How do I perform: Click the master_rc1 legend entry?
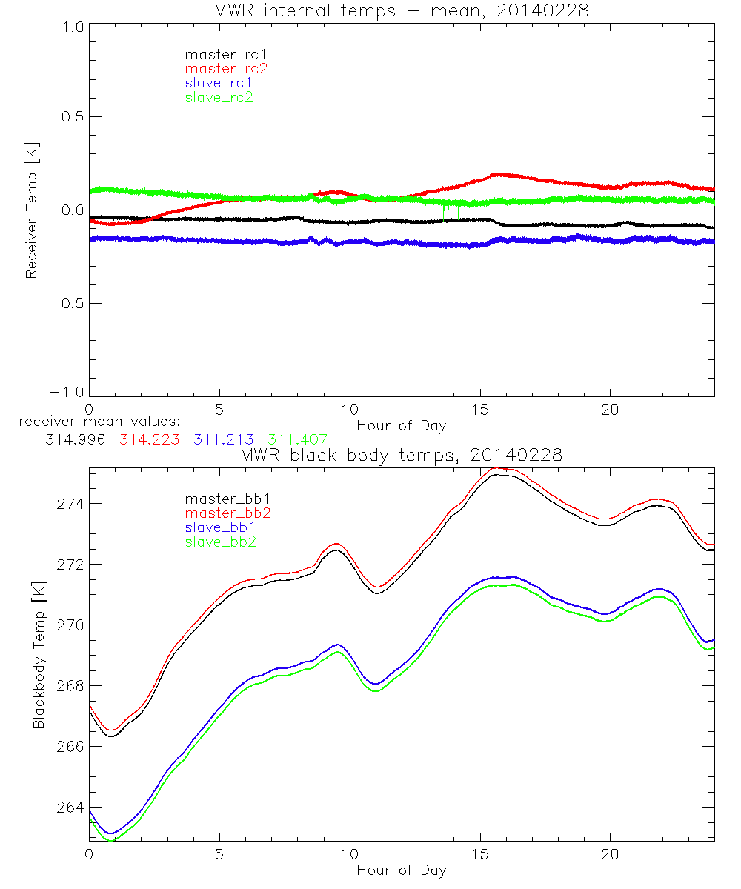pos(219,54)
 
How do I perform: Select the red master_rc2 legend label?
pos(226,68)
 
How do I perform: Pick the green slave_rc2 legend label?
pos(219,97)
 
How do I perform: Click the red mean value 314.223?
pos(147,439)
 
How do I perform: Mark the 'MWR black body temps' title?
pos(401,455)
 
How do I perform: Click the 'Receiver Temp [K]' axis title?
pos(31,210)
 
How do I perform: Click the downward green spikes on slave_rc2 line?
pos(451,213)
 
